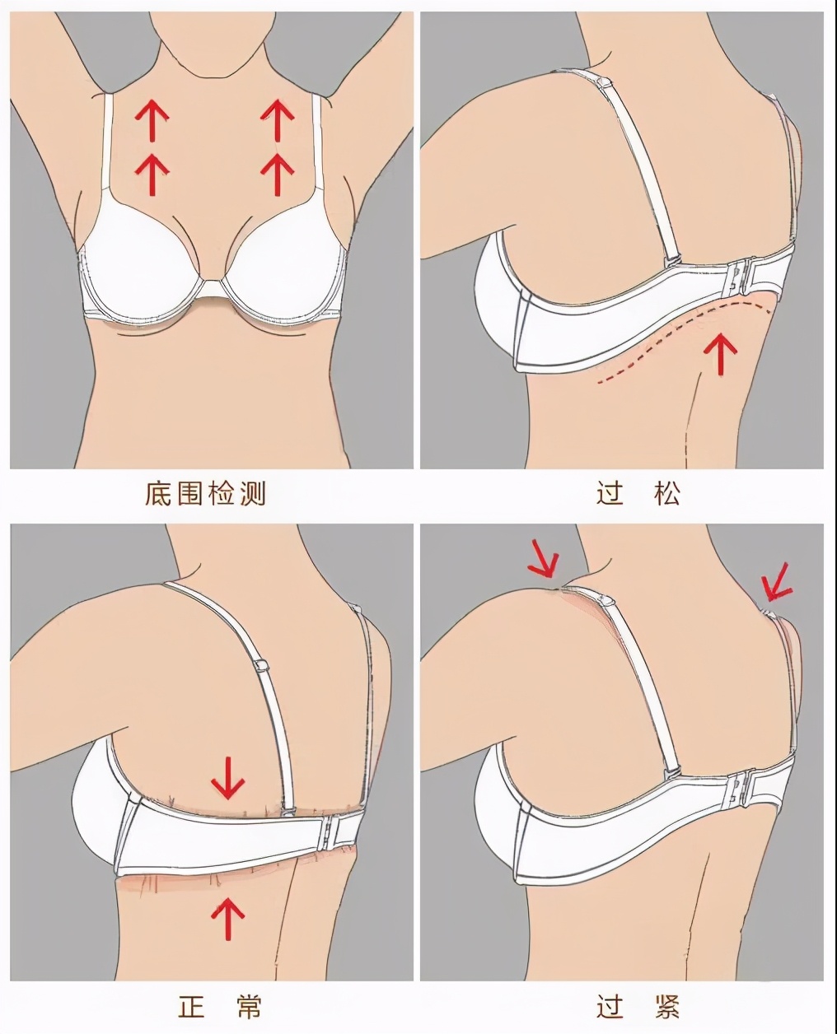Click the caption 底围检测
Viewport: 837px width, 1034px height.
click(205, 494)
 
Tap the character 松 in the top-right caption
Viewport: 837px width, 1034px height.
click(666, 494)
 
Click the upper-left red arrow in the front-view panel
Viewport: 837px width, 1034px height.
click(152, 120)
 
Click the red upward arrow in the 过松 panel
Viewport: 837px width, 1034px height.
click(720, 353)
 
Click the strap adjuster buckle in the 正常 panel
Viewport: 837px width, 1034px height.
click(261, 664)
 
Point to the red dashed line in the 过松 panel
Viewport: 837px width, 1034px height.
click(684, 340)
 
